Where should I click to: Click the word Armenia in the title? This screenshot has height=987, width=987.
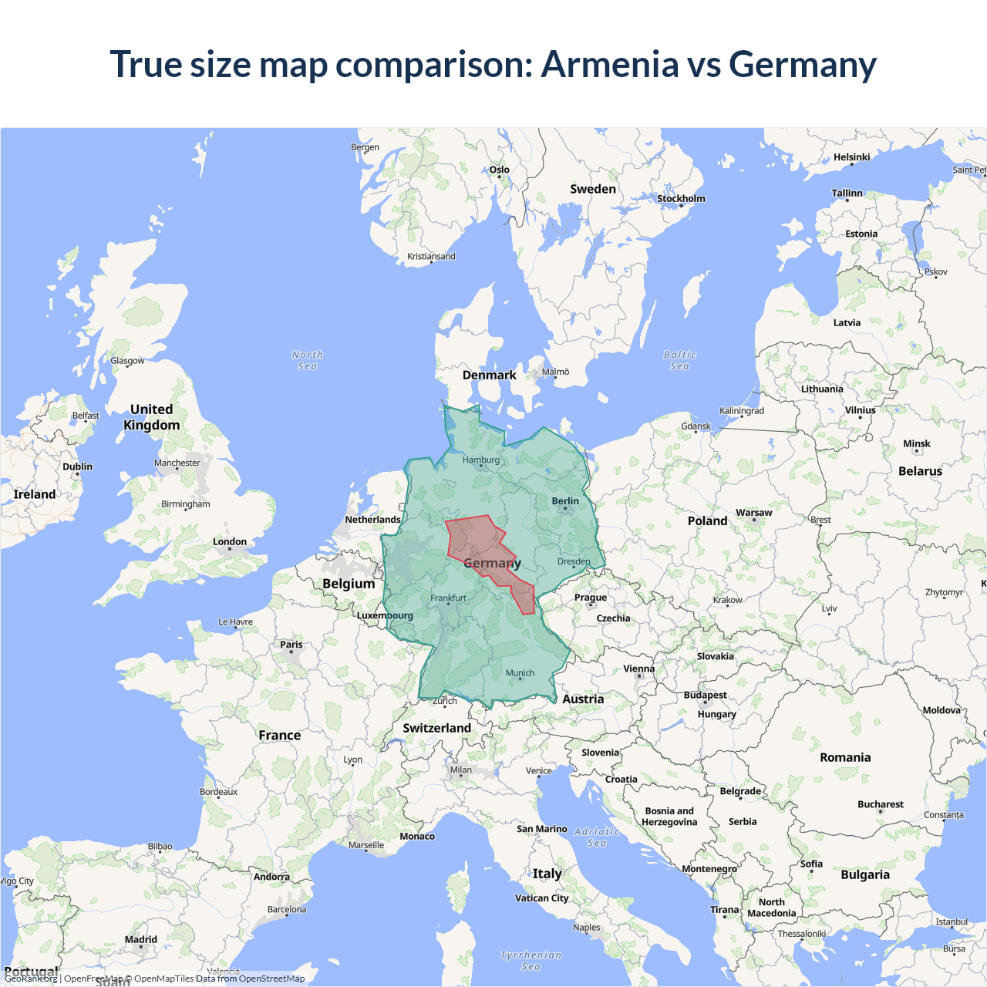pyautogui.click(x=609, y=64)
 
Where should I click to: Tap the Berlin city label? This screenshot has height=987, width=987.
pyautogui.click(x=565, y=501)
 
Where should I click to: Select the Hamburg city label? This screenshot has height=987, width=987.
pyautogui.click(x=481, y=460)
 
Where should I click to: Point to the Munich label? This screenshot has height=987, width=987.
pyautogui.click(x=520, y=673)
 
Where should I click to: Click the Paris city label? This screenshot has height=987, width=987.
pyautogui.click(x=291, y=645)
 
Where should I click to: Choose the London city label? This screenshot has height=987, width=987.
pyautogui.click(x=230, y=542)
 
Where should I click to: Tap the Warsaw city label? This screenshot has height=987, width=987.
pyautogui.click(x=753, y=513)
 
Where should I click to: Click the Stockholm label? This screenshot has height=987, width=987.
pyautogui.click(x=681, y=199)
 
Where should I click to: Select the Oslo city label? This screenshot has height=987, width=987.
pyautogui.click(x=500, y=170)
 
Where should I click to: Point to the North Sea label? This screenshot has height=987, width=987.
pyautogui.click(x=308, y=360)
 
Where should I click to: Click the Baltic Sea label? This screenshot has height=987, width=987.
pyautogui.click(x=679, y=360)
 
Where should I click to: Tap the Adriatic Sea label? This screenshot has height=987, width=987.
pyautogui.click(x=597, y=837)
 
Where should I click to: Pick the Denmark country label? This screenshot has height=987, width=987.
pyautogui.click(x=490, y=376)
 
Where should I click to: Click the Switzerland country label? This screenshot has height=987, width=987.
pyautogui.click(x=436, y=728)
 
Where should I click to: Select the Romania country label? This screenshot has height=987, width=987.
pyautogui.click(x=845, y=758)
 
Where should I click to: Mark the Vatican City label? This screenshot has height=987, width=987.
pyautogui.click(x=541, y=898)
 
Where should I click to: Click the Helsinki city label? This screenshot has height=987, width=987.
pyautogui.click(x=851, y=157)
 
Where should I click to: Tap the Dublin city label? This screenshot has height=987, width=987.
pyautogui.click(x=77, y=467)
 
